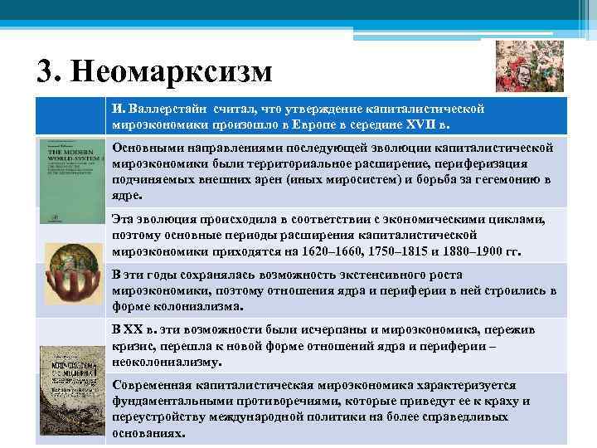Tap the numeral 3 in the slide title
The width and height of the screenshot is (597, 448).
[46, 72]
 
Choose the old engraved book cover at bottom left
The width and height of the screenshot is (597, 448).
[70, 391]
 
